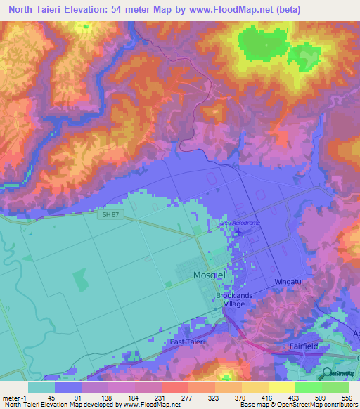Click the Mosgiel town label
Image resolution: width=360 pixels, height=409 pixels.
(x=209, y=276)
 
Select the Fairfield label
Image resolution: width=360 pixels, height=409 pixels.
(x=305, y=346)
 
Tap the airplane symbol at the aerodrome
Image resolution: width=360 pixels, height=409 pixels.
(x=237, y=231)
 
